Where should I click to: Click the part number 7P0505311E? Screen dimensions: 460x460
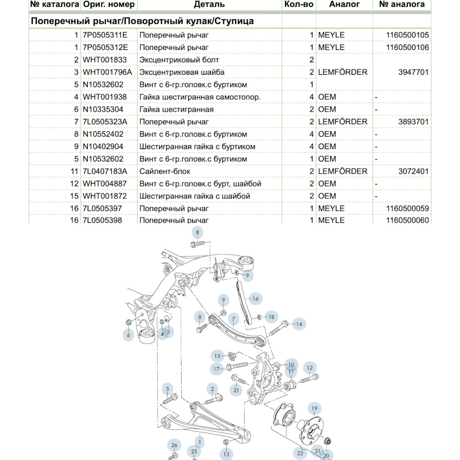tap(105, 35)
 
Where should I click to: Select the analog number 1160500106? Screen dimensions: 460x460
tap(407, 47)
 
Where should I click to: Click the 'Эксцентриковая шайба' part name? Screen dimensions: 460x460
tap(182, 72)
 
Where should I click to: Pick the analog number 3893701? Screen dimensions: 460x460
tap(414, 122)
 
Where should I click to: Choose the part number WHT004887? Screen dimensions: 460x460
tap(105, 184)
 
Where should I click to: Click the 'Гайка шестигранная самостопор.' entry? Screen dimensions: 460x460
tap(200, 97)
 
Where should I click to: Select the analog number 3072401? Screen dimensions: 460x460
tap(414, 171)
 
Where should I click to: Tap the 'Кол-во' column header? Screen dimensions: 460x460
tap(299, 4)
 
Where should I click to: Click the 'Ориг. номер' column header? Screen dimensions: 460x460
tap(109, 4)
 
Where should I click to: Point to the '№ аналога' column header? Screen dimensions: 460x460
tap(402, 4)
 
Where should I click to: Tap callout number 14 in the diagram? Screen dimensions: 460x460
tap(299, 324)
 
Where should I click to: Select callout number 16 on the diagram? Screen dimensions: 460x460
tap(255, 299)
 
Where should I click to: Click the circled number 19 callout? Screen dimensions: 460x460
tap(314, 409)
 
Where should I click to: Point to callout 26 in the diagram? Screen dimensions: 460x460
tap(174, 446)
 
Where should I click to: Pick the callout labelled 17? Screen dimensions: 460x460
tap(217, 369)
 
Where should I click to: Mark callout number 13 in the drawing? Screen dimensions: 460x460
tap(226, 454)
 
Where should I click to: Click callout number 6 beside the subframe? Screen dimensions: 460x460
tap(128, 335)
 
